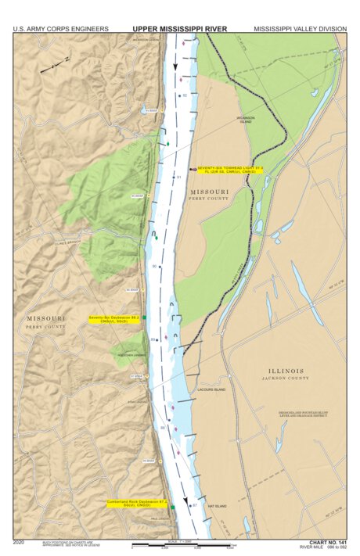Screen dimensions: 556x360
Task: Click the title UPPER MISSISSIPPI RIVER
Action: pyautogui.click(x=179, y=28)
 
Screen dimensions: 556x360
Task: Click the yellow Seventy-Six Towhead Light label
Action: pyautogui.click(x=219, y=169)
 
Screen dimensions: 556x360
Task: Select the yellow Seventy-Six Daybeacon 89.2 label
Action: pyautogui.click(x=113, y=319)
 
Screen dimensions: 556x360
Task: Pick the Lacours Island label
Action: pyautogui.click(x=211, y=389)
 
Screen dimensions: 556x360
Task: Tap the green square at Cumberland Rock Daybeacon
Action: pyautogui.click(x=172, y=508)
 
